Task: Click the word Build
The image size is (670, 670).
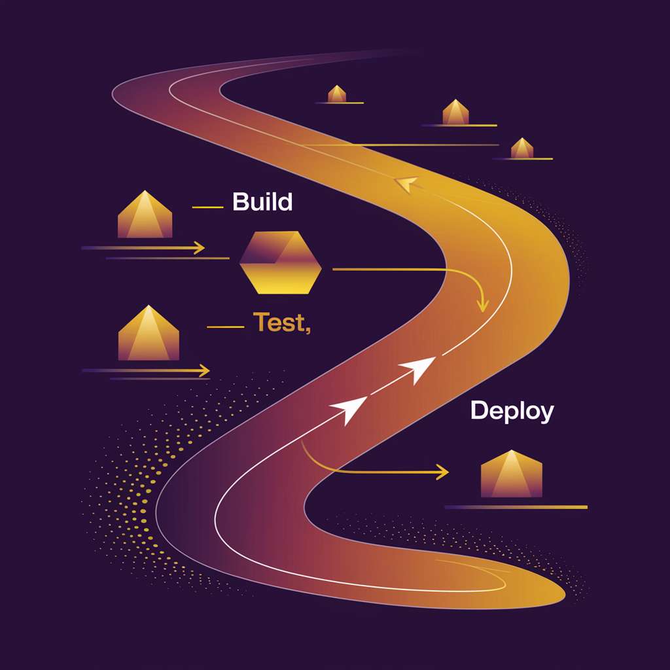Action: tap(262, 202)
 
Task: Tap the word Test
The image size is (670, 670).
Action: tap(279, 322)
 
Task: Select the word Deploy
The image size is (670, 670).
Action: tap(512, 411)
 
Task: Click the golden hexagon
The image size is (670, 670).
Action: tap(280, 262)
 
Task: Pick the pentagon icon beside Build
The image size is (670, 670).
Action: tap(145, 214)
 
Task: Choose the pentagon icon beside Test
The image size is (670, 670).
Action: tap(149, 332)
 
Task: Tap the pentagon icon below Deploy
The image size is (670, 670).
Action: tap(512, 474)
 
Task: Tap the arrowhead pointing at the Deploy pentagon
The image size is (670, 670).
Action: tap(443, 472)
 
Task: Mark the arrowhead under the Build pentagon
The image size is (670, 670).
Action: tap(199, 248)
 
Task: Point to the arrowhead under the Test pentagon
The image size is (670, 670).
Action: tap(204, 370)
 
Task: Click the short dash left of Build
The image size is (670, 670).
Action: tap(207, 207)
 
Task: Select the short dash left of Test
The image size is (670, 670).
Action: tap(225, 327)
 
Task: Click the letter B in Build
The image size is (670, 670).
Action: tap(241, 202)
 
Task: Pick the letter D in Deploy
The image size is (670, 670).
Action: tap(478, 410)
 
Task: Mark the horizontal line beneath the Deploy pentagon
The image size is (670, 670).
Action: tap(516, 507)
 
